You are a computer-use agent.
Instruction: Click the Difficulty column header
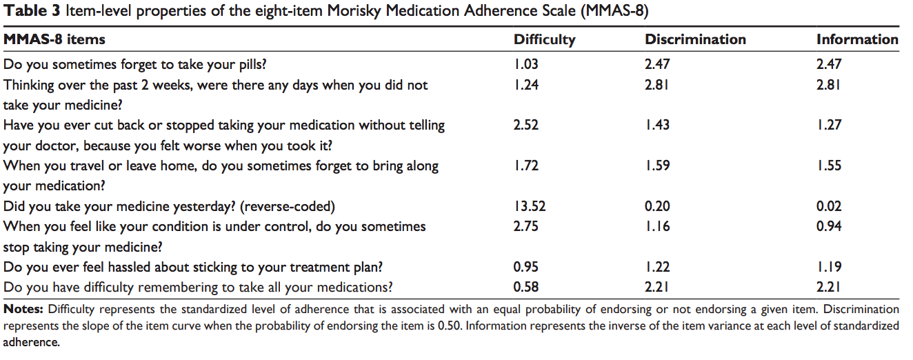pos(544,39)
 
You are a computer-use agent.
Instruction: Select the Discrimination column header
pos(695,39)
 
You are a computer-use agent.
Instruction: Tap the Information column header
pos(857,39)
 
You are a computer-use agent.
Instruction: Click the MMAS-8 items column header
pos(54,39)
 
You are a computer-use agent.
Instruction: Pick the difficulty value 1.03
pos(525,65)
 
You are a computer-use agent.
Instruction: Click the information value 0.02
pos(829,206)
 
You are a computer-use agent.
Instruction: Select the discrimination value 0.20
pos(658,206)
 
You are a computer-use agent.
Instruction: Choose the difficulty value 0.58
pos(526,287)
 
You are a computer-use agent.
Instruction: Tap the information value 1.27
pos(829,126)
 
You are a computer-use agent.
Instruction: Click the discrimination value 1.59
pos(658,166)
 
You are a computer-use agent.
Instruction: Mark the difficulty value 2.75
pos(526,226)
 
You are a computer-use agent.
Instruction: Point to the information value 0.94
pos(829,226)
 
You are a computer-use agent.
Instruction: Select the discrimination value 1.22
pos(658,267)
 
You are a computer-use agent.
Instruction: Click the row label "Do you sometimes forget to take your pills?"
pos(135,65)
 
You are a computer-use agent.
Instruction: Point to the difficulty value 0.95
pos(526,267)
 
